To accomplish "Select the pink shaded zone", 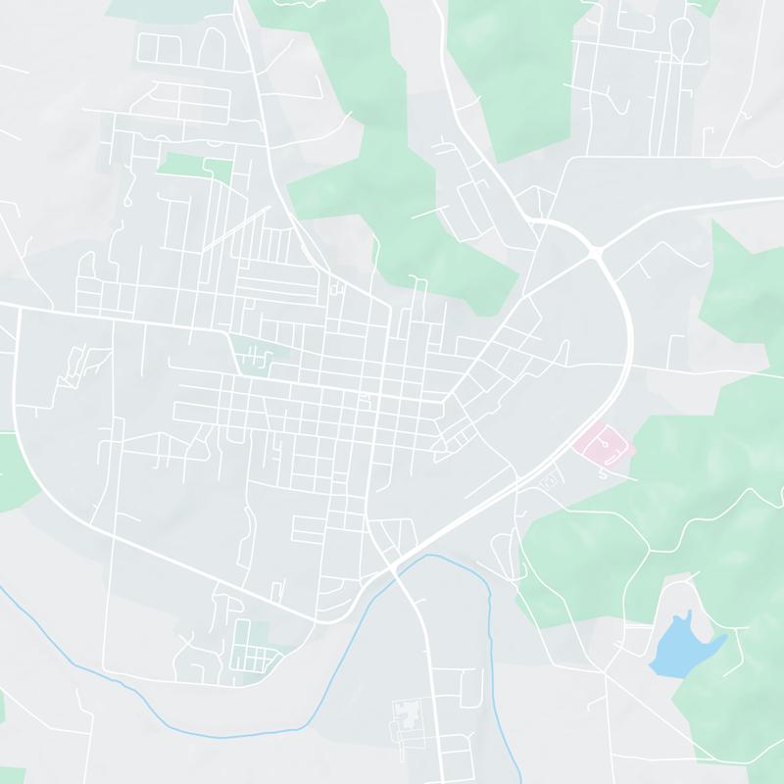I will pos(604,446).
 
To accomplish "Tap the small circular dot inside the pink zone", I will pos(609,446).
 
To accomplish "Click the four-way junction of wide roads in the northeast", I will pos(595,253).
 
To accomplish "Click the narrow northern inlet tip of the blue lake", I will pos(690,614).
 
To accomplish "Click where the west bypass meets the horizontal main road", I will pos(17,310).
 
